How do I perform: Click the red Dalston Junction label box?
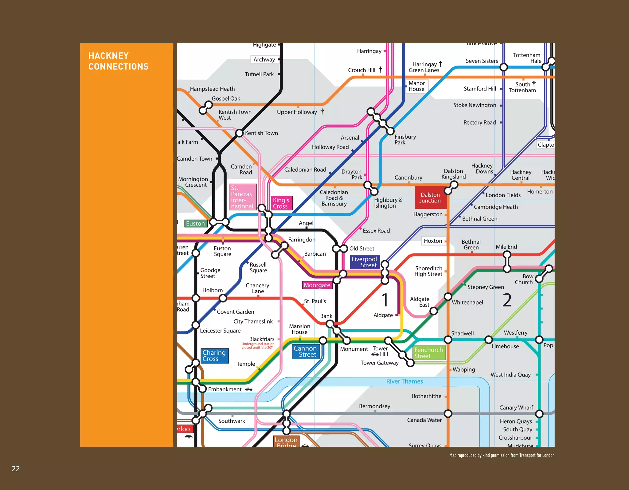pos(430,198)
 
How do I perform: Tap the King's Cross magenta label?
pos(281,203)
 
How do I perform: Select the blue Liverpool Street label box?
pos(365,262)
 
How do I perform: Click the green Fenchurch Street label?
pos(429,353)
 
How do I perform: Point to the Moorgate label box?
pos(317,285)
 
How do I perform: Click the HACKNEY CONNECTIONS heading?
pos(119,61)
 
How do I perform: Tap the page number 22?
pos(16,468)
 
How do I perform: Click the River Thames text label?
pos(404,381)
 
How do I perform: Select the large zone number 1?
pos(385,300)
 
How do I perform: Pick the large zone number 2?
pos(507,300)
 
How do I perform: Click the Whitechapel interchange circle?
pos(448,297)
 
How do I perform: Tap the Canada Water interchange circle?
pos(448,414)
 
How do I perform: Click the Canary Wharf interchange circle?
pos(539,414)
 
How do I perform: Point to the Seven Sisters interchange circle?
pos(504,67)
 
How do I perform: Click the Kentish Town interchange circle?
pos(239,133)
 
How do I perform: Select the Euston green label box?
pos(196,224)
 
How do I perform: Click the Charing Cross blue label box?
pos(215,356)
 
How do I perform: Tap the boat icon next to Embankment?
pos(249,389)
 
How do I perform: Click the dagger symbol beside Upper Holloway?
pos(322,111)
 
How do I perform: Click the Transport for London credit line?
pos(502,455)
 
